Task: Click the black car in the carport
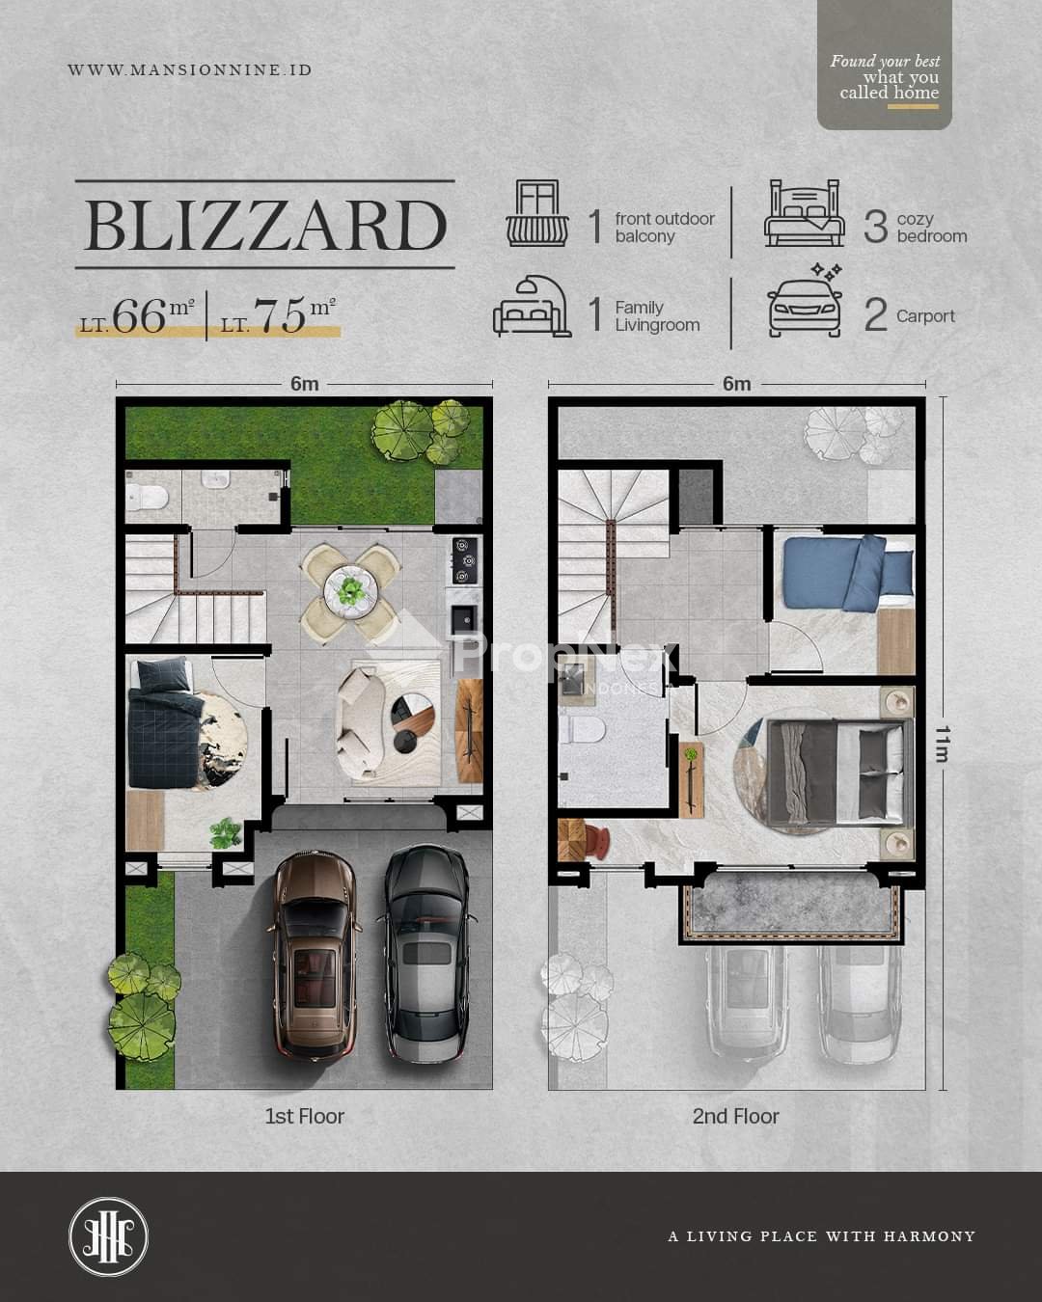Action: (427, 952)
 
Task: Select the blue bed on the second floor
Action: (849, 572)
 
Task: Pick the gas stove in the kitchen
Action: (464, 561)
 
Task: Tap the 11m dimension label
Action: (942, 743)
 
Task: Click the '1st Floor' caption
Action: (305, 1116)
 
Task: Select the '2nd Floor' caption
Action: (735, 1116)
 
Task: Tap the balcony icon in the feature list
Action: (537, 213)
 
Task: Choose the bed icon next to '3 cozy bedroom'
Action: (804, 213)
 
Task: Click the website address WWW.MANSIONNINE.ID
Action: (190, 70)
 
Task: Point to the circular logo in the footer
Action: (108, 1235)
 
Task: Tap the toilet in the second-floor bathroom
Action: (581, 731)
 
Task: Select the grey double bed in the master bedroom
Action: (839, 772)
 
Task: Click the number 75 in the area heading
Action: (280, 315)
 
